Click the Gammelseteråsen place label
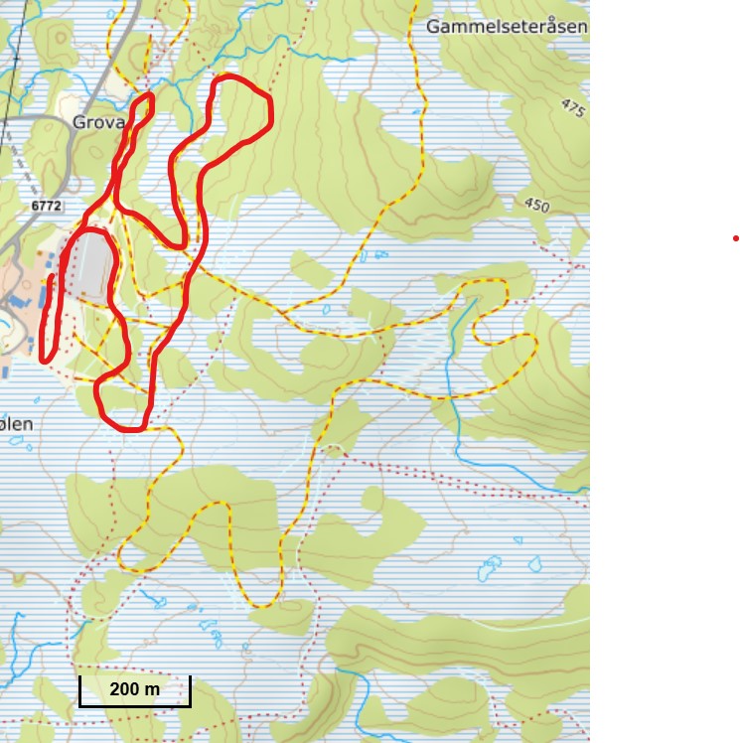507,27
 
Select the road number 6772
46,206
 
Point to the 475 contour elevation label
573,108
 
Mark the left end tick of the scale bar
80,691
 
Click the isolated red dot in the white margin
736,238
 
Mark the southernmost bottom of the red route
130,429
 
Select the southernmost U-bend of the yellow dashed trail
263,605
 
